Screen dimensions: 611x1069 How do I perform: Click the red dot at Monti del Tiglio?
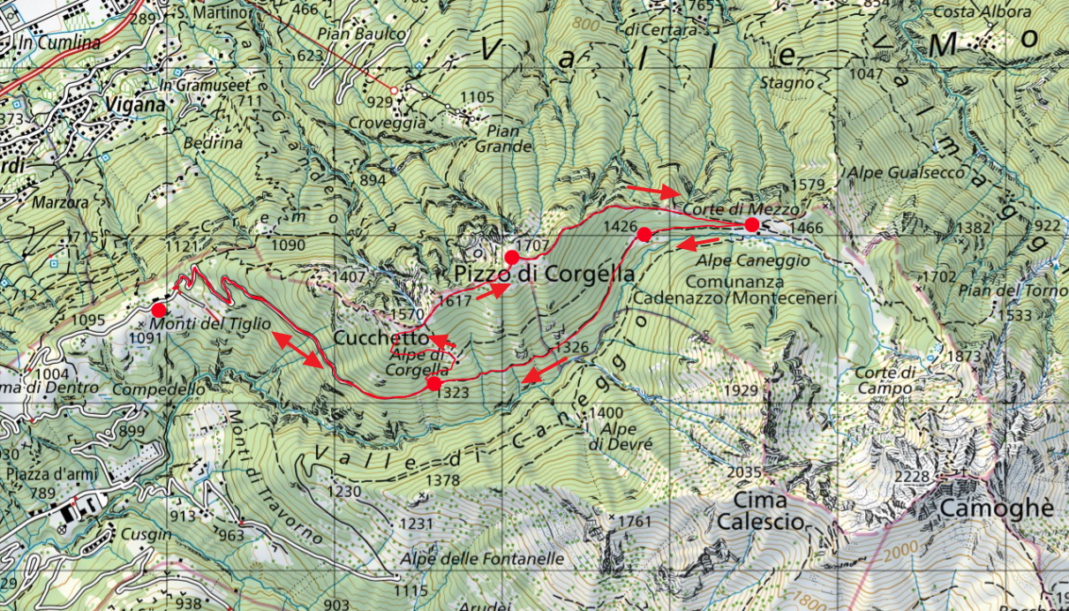[x=159, y=310]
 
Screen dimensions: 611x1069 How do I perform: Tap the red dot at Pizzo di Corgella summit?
[x=511, y=257]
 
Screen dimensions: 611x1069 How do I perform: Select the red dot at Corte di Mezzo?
[x=751, y=225]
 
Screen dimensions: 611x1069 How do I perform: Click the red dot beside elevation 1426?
[x=644, y=234]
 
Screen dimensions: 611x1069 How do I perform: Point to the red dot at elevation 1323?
[x=433, y=384]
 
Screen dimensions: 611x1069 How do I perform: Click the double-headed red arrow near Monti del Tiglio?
[x=296, y=349]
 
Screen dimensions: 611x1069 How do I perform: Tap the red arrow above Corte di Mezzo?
[x=654, y=191]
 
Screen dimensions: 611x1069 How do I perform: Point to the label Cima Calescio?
[x=760, y=511]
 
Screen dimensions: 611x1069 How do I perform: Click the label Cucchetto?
[x=380, y=339]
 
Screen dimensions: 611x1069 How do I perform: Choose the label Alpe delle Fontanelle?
[x=482, y=559]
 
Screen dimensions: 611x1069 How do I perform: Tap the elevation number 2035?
[x=743, y=472]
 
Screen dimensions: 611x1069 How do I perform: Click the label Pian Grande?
[x=503, y=139]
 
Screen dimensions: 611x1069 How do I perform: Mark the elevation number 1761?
[x=633, y=521]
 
